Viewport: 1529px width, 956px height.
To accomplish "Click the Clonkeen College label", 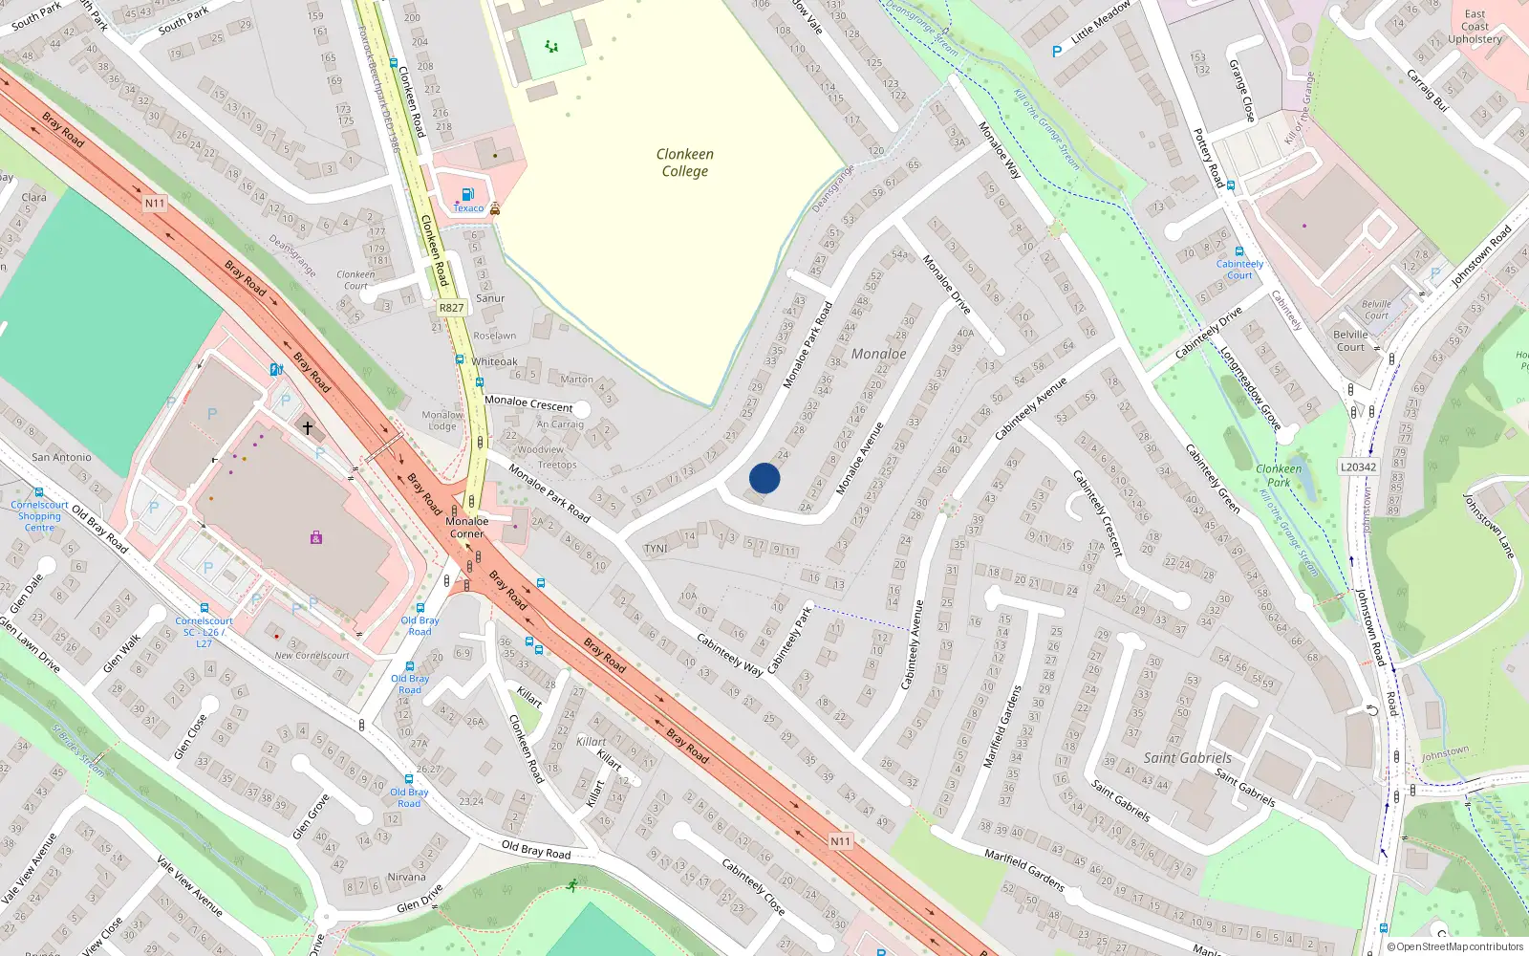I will point(684,163).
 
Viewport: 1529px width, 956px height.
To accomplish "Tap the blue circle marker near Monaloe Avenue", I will point(764,478).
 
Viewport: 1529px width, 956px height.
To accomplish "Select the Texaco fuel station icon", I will point(467,194).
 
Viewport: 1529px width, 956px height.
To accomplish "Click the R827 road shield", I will point(451,308).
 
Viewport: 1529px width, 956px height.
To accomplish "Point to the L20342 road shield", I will point(1358,467).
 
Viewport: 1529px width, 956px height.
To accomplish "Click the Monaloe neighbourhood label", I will point(878,354).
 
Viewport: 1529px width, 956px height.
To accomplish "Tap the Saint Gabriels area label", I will point(1188,757).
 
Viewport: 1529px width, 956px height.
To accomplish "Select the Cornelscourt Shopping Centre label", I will point(39,516).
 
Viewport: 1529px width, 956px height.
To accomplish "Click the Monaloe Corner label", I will point(467,528).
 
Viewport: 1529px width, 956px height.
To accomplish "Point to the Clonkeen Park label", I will point(1279,475).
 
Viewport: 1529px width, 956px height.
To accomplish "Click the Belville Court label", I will point(1350,340).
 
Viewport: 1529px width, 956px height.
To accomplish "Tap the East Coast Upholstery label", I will point(1475,27).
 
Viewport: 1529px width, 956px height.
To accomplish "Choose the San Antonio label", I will point(61,457).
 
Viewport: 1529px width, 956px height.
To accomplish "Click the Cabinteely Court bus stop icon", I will point(1238,251).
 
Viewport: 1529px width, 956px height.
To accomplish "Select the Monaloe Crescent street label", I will point(528,403).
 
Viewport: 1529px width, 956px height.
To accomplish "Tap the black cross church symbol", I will point(308,427).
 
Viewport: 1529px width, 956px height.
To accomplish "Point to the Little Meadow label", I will point(1100,21).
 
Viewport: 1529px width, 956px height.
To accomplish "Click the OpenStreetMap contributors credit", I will point(1454,946).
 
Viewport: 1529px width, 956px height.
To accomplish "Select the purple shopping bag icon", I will point(316,538).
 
